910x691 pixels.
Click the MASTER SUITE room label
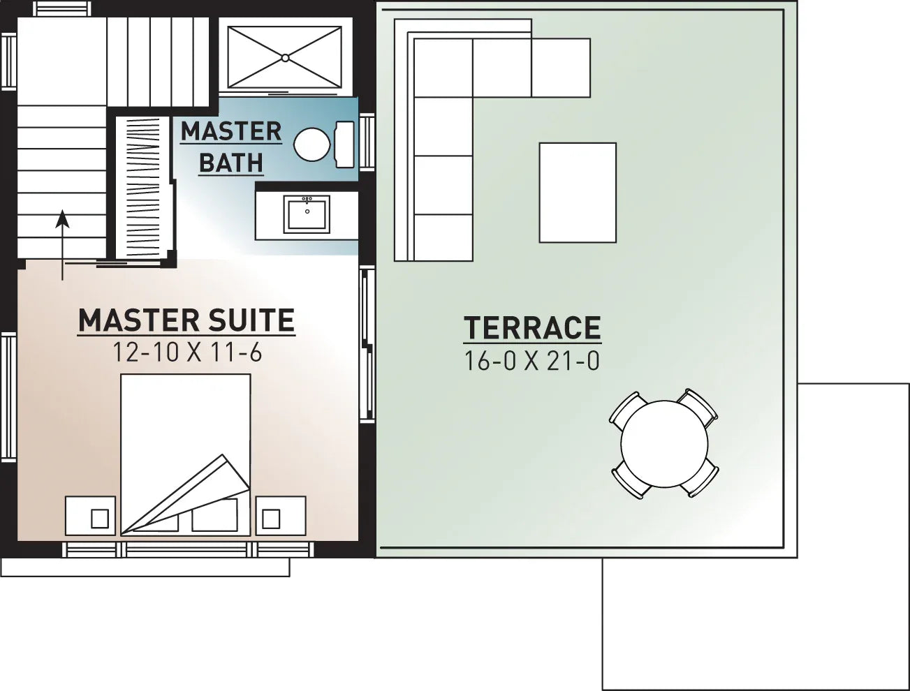(x=186, y=320)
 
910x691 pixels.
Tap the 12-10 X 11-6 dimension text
(x=187, y=352)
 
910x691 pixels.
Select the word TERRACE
(x=532, y=328)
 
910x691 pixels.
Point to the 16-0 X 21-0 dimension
(x=532, y=361)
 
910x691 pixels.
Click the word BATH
(x=231, y=163)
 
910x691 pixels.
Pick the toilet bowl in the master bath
(x=311, y=144)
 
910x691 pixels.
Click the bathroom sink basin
(x=307, y=214)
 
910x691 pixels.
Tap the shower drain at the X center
(x=285, y=57)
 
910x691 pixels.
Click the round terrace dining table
(x=664, y=443)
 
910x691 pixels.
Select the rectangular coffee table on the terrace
(x=578, y=193)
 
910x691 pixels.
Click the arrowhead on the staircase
(x=63, y=218)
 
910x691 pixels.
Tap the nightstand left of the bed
(x=90, y=516)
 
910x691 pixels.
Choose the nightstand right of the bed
(x=280, y=516)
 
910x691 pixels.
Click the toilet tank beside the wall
(x=345, y=144)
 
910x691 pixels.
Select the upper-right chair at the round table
(x=699, y=406)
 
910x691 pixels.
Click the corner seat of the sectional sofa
(x=443, y=68)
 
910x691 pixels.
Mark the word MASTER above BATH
(x=231, y=131)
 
